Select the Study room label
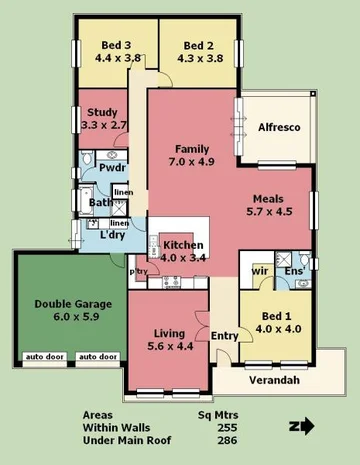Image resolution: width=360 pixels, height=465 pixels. point(103,112)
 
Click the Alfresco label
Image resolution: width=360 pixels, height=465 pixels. point(281,127)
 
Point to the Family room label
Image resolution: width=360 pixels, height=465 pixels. point(192,149)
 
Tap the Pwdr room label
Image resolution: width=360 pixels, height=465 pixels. point(100,169)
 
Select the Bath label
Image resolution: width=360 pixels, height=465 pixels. point(100,203)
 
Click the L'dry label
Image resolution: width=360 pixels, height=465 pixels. point(111,235)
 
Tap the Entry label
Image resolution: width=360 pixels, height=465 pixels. point(224,335)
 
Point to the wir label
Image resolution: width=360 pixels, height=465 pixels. point(258,271)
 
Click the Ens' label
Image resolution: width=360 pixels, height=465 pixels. point(294,271)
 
